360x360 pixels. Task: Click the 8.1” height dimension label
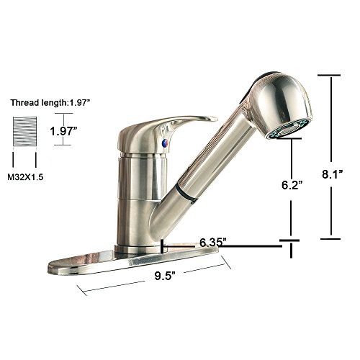(x=332, y=174)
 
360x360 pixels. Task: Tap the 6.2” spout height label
(x=292, y=184)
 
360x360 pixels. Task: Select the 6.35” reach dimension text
(x=213, y=243)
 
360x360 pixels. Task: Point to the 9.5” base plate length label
(x=164, y=276)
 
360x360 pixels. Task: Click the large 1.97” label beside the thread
(x=63, y=131)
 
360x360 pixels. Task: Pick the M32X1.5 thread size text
(x=25, y=177)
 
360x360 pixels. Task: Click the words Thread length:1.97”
(x=50, y=103)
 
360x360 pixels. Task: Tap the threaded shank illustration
(x=24, y=132)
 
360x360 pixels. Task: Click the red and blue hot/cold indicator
(x=165, y=143)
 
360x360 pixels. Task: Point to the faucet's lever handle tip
(x=214, y=118)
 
